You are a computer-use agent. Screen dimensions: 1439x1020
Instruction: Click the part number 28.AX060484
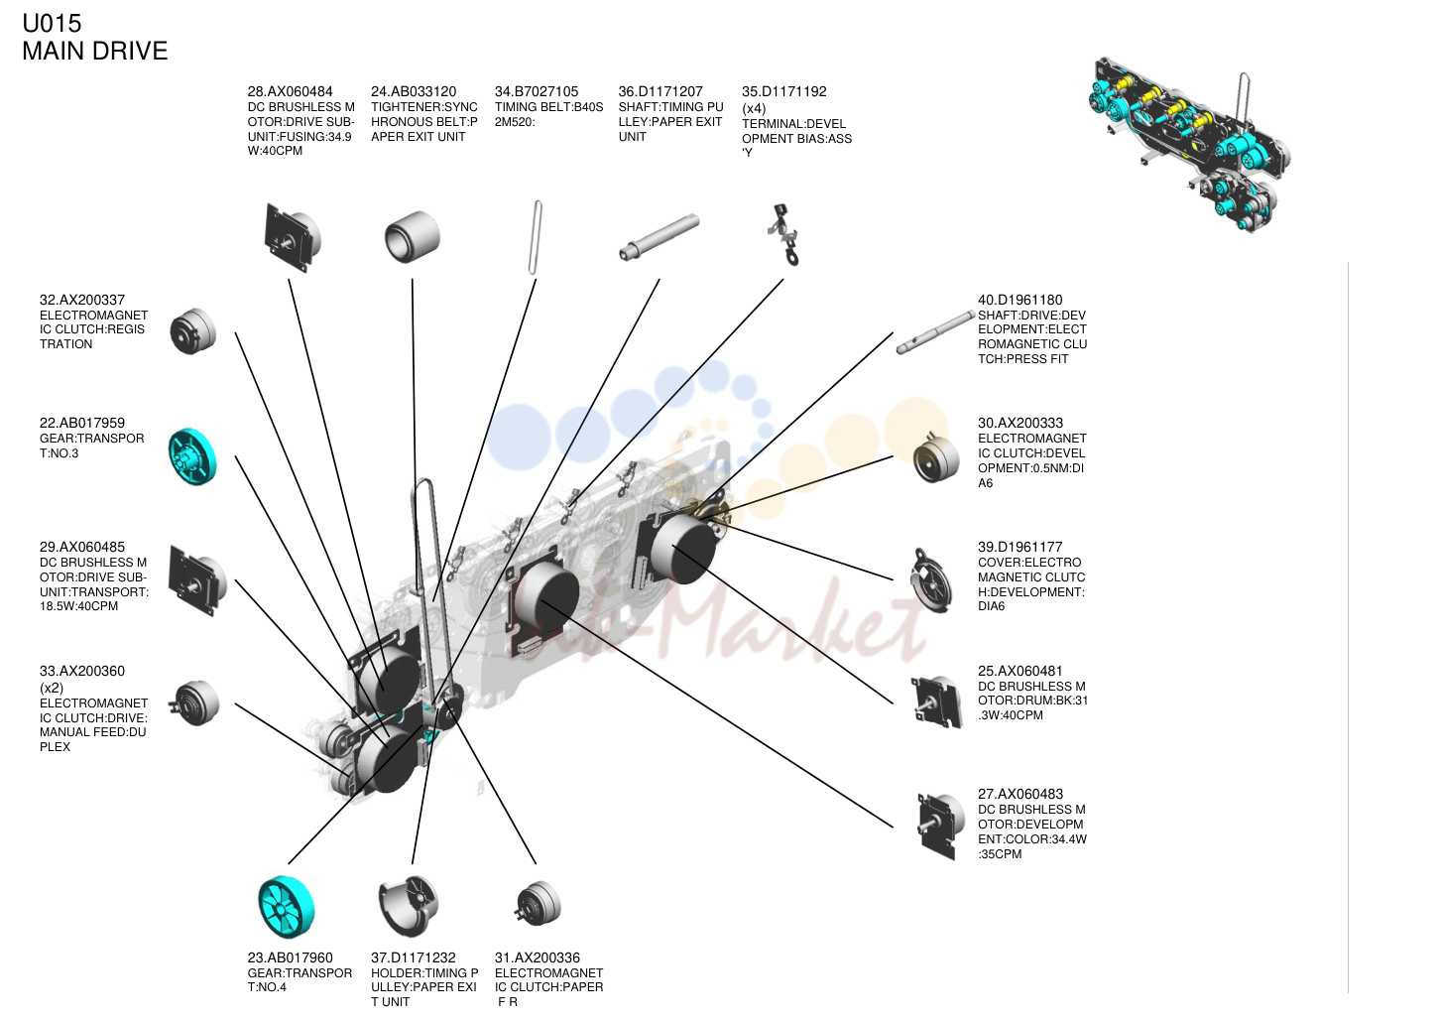click(290, 92)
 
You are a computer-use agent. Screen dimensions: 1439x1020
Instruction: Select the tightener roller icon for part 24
click(413, 236)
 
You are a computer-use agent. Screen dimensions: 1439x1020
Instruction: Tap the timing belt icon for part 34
click(536, 237)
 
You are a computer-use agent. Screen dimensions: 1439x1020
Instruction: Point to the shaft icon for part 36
click(660, 236)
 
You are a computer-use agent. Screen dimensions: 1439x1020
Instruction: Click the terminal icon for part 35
click(783, 234)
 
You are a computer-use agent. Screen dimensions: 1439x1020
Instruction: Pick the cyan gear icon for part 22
click(192, 456)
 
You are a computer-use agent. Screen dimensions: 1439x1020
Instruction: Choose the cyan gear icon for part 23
click(287, 906)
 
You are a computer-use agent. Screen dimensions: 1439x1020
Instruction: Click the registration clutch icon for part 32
click(192, 331)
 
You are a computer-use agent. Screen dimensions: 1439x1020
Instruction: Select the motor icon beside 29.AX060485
click(197, 580)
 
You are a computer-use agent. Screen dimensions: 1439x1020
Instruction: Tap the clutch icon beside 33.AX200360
click(194, 703)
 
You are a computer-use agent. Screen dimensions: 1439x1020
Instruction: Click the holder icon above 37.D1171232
click(409, 905)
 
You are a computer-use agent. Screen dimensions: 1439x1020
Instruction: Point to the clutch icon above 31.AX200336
click(538, 903)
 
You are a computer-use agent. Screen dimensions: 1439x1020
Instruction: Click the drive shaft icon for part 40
click(935, 332)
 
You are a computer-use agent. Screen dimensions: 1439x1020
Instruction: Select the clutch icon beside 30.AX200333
click(936, 457)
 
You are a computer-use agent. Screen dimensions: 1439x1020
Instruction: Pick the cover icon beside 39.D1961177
click(931, 580)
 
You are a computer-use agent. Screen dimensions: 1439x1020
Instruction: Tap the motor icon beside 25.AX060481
click(937, 702)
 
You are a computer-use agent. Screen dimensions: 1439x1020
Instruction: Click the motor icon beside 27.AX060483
click(941, 827)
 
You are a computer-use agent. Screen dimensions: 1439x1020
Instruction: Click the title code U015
click(52, 24)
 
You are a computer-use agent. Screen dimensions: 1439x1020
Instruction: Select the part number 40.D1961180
click(1020, 301)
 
